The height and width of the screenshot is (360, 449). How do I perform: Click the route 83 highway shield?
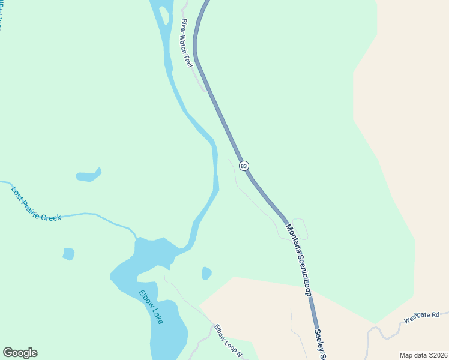point(243,166)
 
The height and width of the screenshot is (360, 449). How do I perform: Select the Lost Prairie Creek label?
point(36,203)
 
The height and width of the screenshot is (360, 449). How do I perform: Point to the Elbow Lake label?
point(151,307)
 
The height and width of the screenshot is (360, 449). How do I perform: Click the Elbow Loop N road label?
point(228,340)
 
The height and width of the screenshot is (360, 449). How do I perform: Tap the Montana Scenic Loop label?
point(298,259)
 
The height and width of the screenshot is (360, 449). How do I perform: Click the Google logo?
point(20,353)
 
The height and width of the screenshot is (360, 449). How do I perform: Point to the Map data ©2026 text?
point(423,355)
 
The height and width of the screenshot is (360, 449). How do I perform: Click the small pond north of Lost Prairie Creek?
point(88,176)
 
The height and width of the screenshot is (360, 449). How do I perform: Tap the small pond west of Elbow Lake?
point(68,254)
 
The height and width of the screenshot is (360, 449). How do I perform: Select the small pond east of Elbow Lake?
point(206,273)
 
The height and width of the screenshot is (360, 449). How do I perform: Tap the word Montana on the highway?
point(293,240)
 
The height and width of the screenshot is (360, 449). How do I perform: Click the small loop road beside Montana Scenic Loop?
point(300,227)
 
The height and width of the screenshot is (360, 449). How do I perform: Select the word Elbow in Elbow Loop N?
point(220,332)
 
